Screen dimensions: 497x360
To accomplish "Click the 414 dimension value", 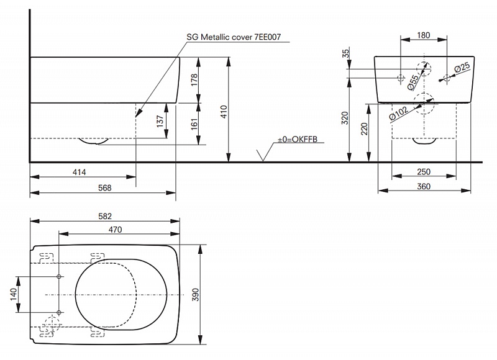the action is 80,173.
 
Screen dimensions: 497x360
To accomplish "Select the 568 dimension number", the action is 104,188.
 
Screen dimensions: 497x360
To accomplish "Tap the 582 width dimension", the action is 105,216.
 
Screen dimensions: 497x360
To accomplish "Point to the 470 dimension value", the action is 115,230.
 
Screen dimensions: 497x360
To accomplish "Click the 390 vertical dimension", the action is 196,295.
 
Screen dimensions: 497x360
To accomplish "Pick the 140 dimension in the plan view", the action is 14,294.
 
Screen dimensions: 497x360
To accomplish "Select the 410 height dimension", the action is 224,112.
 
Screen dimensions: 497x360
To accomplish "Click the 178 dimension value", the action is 194,80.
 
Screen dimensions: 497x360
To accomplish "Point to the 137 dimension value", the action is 160,121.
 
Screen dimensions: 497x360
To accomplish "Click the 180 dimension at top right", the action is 424,35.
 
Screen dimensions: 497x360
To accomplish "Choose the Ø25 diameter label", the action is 462,68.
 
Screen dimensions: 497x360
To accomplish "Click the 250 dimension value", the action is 424,172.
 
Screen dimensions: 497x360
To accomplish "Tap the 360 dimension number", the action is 424,186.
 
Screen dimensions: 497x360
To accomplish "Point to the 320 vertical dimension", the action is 345,118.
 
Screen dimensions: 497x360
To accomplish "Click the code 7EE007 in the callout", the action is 268,37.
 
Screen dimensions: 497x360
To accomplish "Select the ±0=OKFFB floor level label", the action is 298,139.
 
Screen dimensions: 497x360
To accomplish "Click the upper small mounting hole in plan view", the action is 58,277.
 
